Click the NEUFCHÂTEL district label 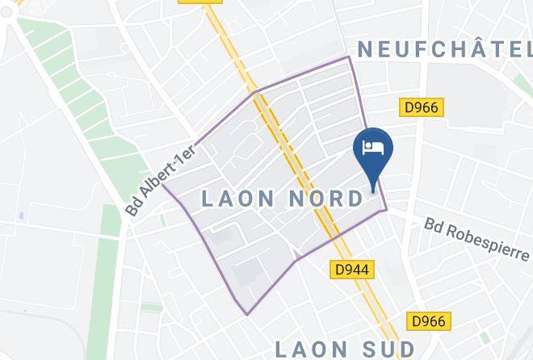point(444,49)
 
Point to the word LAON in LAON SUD point(310,350)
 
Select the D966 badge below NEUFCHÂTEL point(422,107)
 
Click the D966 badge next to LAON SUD point(426,321)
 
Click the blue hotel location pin point(373,152)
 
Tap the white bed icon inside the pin point(373,147)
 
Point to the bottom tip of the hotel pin point(373,191)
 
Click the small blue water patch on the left point(20,217)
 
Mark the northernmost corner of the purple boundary point(349,57)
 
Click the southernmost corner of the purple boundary point(247,314)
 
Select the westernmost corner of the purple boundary point(162,185)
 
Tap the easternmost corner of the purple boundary point(387,209)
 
